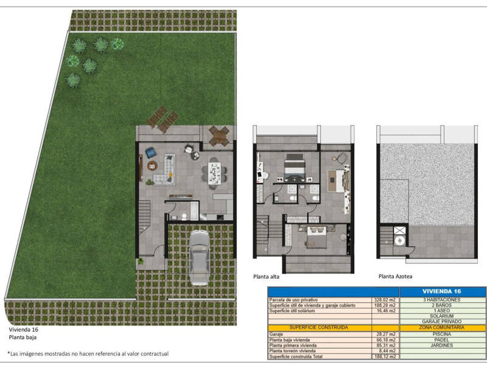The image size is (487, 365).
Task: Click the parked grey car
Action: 199,257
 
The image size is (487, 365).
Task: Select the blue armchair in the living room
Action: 151,153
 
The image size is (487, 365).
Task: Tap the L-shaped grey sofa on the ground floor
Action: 165,170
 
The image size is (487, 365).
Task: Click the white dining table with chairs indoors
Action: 214,173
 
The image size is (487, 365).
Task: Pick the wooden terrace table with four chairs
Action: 219,136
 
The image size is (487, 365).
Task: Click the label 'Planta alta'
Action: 266,277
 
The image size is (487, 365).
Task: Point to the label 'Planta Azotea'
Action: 395,276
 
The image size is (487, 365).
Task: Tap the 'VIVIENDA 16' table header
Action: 442,291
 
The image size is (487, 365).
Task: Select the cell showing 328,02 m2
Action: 385,300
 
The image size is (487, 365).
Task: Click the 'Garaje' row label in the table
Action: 275,334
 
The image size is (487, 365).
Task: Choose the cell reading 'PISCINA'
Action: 442,334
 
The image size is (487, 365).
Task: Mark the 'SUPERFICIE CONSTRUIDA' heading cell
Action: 318,327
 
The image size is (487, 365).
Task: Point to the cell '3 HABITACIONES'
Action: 442,300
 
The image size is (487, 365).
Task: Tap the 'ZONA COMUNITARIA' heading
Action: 442,327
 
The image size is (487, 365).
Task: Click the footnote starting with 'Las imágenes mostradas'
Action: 88,353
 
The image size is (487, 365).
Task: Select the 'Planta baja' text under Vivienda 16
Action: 23,338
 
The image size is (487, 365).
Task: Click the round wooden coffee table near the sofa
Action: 152,165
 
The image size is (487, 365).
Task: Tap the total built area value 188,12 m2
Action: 385,356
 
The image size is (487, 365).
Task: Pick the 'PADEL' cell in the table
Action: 442,340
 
